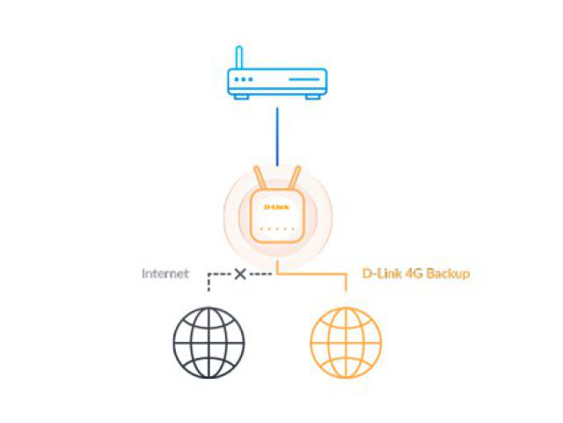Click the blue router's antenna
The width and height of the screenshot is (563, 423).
tap(239, 57)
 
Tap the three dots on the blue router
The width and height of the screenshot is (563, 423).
tap(244, 79)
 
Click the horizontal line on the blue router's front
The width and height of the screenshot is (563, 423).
tap(304, 79)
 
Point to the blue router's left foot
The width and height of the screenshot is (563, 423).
tap(241, 97)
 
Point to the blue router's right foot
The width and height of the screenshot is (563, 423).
tap(313, 97)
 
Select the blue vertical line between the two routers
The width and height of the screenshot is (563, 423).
tap(277, 137)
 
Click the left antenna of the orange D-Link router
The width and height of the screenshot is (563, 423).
tap(260, 178)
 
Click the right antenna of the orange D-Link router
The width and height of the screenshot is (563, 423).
tap(295, 178)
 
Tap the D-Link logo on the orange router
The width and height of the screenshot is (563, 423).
tap(276, 207)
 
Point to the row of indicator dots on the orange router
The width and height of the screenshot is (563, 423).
tap(277, 228)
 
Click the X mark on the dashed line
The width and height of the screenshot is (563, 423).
tap(240, 274)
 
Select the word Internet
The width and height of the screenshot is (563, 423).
tap(165, 274)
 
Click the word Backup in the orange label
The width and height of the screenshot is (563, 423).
tap(448, 274)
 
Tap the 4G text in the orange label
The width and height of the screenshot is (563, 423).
tap(414, 274)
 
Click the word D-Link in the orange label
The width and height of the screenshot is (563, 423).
tap(382, 274)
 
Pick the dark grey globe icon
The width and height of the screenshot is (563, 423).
tap(208, 343)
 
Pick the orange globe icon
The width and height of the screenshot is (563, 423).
tap(346, 343)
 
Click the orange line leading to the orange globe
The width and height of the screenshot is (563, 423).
tap(311, 274)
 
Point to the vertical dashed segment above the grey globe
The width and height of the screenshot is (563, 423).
tap(208, 283)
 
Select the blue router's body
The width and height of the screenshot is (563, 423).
tap(277, 82)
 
